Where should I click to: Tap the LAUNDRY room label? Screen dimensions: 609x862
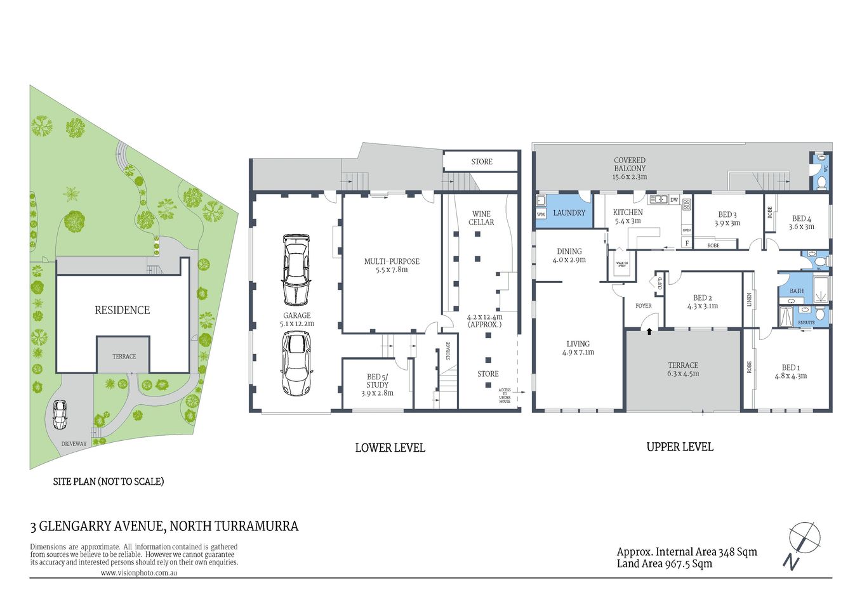569,213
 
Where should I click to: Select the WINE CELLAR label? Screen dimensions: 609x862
481,218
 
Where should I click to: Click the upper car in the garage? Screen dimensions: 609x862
296,269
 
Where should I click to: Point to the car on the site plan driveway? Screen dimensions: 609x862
60,414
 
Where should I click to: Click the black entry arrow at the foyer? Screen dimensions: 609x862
648,331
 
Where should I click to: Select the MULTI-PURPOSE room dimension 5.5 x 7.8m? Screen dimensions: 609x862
392,270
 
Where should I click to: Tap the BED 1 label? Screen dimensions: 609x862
790,367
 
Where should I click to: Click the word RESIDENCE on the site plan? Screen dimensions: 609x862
122,310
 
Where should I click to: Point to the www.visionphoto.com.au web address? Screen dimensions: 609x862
138,573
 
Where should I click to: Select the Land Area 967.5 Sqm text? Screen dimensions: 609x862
664,564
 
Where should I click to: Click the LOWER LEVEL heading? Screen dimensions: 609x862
390,448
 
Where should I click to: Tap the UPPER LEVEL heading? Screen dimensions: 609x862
679,447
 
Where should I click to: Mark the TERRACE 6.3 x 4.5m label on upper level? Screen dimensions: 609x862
683,369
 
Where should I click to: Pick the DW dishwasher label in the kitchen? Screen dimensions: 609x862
673,200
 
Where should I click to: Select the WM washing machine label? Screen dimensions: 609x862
541,214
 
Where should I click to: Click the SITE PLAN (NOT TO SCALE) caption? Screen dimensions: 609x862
108,481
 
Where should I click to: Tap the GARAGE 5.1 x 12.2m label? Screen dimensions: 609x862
296,319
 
